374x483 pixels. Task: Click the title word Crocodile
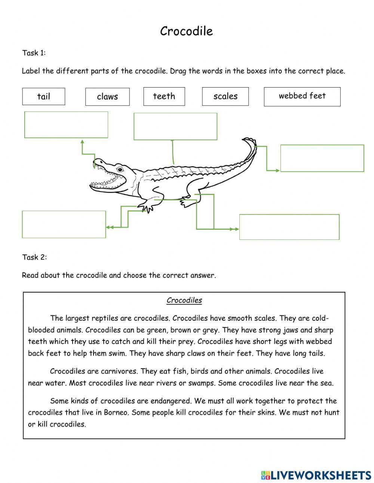186,31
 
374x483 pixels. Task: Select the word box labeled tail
43,97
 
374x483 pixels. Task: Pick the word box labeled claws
107,97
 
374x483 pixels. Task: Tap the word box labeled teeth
164,97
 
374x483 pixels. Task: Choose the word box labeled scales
226,97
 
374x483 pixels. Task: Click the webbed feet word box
302,96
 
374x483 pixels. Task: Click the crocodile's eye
120,169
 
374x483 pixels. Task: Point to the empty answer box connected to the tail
322,158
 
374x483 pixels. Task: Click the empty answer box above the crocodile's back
175,126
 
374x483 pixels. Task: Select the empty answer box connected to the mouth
66,125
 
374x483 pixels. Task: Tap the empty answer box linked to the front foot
64,224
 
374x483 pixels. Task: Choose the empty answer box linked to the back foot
289,227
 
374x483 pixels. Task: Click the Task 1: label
34,53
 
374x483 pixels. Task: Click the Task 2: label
34,257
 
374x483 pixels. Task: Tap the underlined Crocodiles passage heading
184,300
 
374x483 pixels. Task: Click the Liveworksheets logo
316,475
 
